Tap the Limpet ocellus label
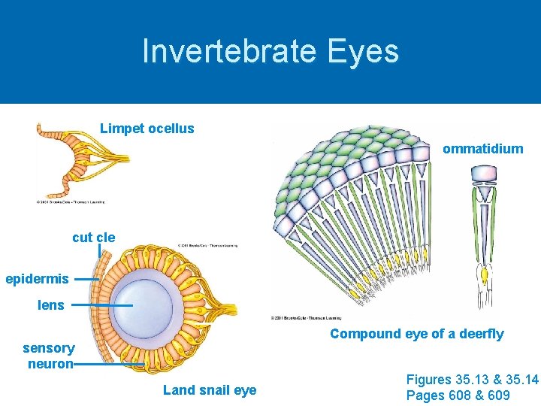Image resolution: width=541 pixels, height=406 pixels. pyautogui.click(x=147, y=129)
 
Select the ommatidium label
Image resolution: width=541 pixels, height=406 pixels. pyautogui.click(x=482, y=149)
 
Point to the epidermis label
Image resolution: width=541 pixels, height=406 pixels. pyautogui.click(x=37, y=279)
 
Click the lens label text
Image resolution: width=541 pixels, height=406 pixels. pyautogui.click(x=51, y=305)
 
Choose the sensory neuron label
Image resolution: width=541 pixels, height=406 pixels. pyautogui.click(x=49, y=356)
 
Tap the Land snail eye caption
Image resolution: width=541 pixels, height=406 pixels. pyautogui.click(x=210, y=389)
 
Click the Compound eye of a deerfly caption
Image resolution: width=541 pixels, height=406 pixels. pyautogui.click(x=416, y=334)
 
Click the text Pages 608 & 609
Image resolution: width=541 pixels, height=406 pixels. pyautogui.click(x=458, y=395)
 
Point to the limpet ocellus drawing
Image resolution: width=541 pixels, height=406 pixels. pyautogui.click(x=79, y=160)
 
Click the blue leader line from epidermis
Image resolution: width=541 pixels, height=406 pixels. pyautogui.click(x=87, y=279)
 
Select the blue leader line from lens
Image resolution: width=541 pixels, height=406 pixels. pyautogui.click(x=101, y=305)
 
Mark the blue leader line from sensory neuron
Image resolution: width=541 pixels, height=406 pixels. pyautogui.click(x=109, y=364)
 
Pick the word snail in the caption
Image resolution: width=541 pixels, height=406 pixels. pyautogui.click(x=210, y=389)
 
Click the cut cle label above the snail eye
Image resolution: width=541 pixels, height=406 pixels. pyautogui.click(x=94, y=238)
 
